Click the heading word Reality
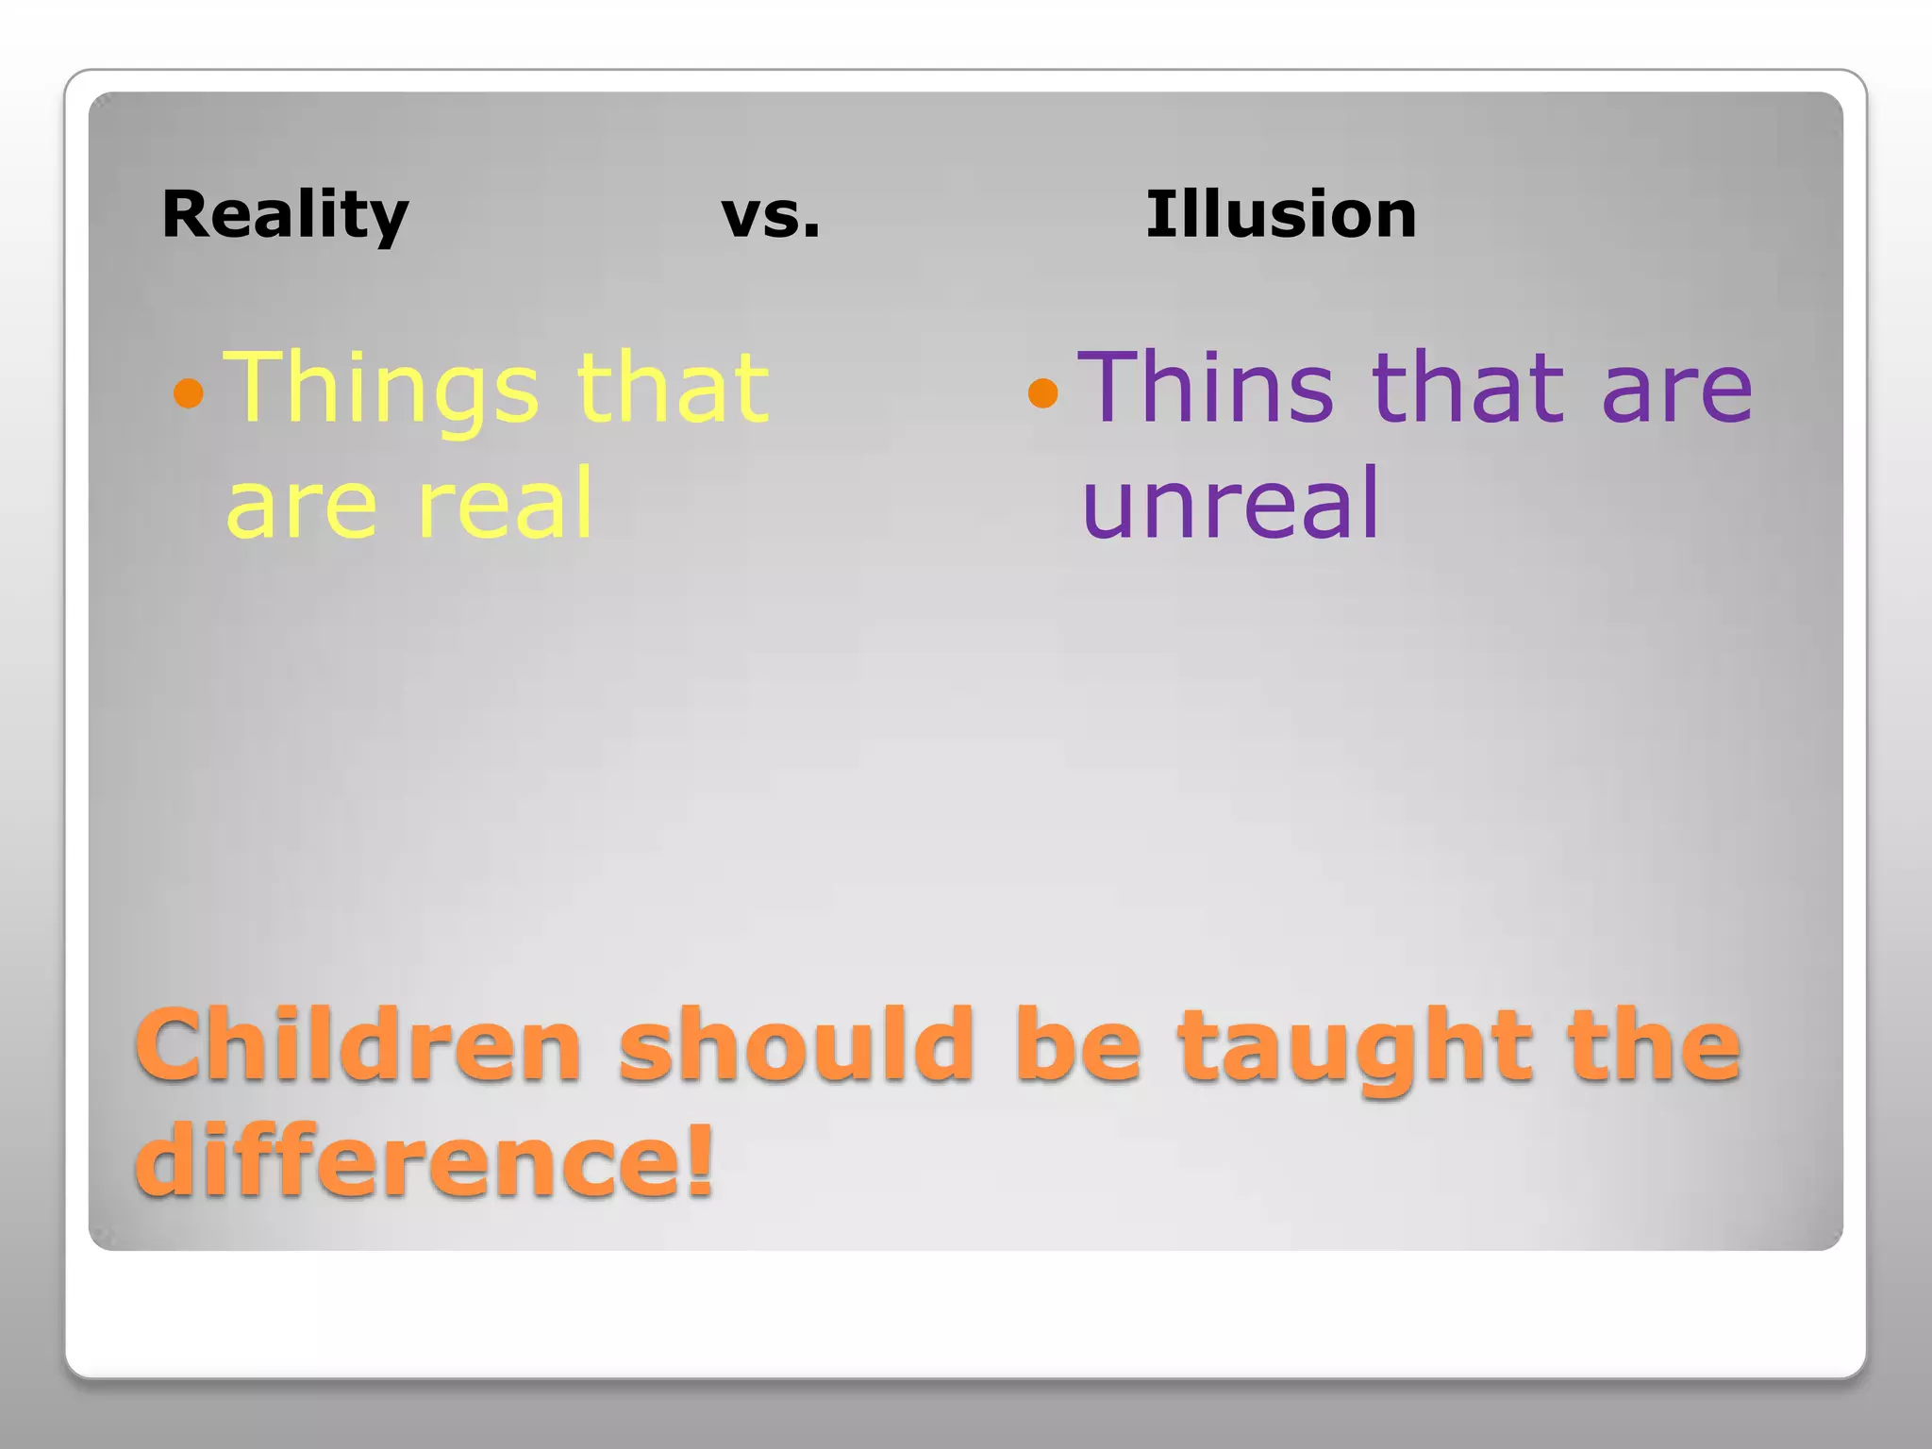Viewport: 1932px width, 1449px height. [285, 215]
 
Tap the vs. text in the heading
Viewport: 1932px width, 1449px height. [770, 215]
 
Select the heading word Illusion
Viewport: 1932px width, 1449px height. [1280, 214]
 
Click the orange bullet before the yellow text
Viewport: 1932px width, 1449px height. [189, 392]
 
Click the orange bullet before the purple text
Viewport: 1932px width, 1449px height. [1042, 392]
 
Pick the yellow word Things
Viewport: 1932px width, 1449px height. [382, 389]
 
